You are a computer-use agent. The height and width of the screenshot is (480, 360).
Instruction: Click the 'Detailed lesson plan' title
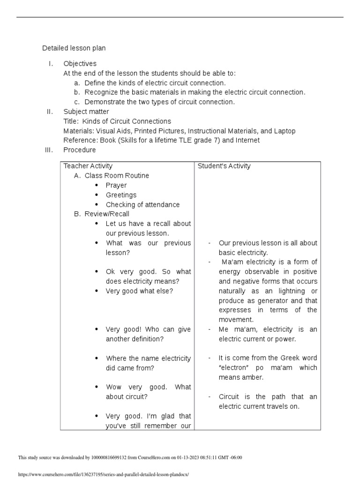click(74, 48)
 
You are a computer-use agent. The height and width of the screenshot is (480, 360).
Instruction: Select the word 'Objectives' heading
click(80, 63)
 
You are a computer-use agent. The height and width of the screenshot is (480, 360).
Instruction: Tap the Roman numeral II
click(50, 112)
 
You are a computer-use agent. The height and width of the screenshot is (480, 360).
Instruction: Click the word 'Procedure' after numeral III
click(80, 150)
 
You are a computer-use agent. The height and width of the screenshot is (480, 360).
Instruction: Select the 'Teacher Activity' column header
click(88, 166)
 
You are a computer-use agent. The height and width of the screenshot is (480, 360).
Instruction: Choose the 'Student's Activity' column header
click(224, 166)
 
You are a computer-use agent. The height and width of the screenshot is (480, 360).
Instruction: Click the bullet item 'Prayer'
click(116, 185)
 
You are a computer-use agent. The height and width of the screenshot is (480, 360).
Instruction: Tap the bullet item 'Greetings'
click(121, 195)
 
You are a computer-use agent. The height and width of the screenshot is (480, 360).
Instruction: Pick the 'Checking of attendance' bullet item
click(142, 204)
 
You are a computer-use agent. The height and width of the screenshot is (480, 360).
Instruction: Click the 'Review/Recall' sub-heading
click(107, 214)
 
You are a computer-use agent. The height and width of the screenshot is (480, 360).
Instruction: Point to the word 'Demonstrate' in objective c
click(103, 102)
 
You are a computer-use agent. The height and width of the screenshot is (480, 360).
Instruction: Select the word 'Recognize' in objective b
click(100, 92)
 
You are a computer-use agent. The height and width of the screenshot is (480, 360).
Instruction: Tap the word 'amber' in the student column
click(254, 377)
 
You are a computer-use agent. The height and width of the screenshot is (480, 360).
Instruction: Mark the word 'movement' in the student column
click(236, 320)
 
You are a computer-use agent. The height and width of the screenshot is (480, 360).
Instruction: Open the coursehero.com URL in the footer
click(103, 474)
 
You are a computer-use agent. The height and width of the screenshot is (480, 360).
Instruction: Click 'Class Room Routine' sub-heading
click(117, 176)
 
